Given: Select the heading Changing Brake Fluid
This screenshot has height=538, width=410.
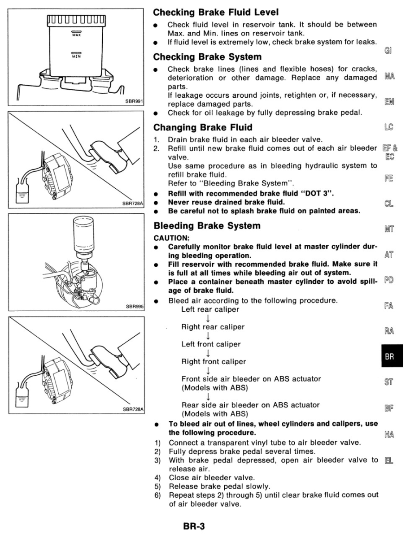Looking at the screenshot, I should pos(203,127).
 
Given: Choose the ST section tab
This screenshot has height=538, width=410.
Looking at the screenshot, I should pos(389,382).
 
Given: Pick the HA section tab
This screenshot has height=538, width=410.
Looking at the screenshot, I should pos(389,434).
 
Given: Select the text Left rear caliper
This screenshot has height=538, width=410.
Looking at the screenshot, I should pos(210,309).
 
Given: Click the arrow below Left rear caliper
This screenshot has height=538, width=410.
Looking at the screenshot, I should pos(208,318).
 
